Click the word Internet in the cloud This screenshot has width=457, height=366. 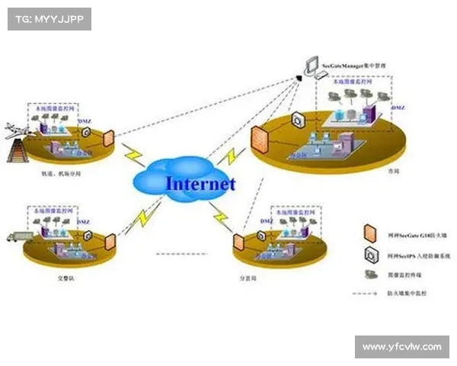(x=200, y=183)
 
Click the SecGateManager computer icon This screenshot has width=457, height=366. (x=310, y=66)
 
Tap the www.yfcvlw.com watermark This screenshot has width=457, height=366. (x=401, y=347)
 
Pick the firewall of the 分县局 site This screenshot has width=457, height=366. (x=238, y=242)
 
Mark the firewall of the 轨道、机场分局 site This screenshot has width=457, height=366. (x=108, y=138)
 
